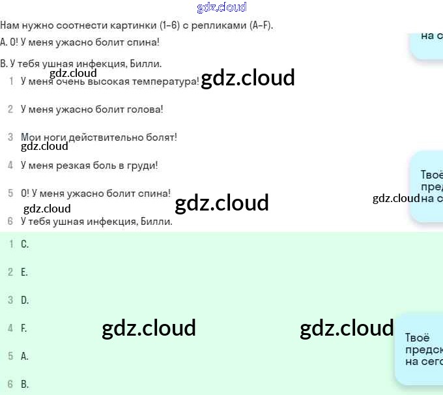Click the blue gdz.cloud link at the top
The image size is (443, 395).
(221, 7)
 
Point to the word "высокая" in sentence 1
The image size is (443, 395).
(111, 81)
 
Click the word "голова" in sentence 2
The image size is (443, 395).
(144, 109)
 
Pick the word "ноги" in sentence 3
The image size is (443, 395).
(51, 137)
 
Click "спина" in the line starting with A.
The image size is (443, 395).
(143, 42)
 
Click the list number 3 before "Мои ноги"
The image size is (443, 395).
(10, 137)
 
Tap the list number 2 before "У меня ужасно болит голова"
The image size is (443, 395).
(10, 109)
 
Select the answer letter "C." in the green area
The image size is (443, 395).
(25, 244)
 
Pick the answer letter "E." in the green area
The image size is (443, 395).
(24, 272)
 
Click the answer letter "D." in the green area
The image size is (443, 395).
(25, 300)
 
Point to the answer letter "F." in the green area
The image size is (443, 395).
(24, 329)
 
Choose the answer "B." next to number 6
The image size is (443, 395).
(25, 385)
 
